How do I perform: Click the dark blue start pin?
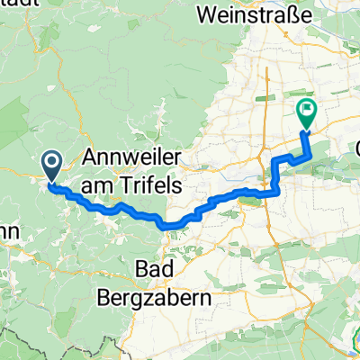[x=51, y=164]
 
